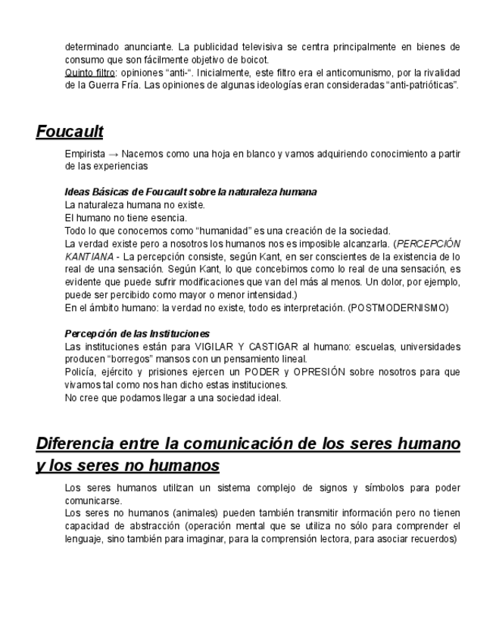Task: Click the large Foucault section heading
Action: click(x=70, y=132)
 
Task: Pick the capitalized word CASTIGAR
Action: click(x=276, y=347)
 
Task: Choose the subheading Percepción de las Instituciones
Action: click(x=137, y=333)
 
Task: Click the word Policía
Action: click(x=81, y=372)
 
